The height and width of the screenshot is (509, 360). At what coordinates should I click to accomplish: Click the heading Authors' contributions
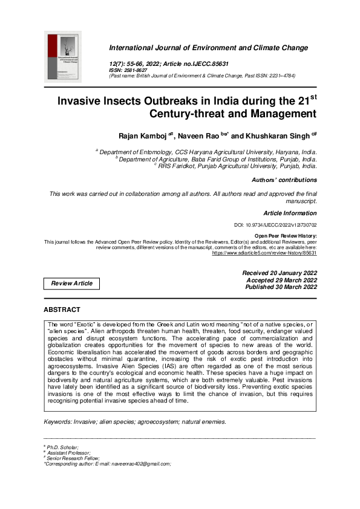pos(284,180)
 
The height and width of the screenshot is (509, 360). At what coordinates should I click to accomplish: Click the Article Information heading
pos(290,213)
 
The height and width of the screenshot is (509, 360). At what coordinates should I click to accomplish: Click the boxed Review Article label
pos(72,284)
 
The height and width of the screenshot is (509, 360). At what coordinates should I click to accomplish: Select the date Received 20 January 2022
pos(279,273)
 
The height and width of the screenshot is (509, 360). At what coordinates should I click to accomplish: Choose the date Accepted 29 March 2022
pos(281,280)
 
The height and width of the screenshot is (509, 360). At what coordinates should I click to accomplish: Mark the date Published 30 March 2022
pos(281,287)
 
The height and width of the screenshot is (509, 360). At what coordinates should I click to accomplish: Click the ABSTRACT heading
pos(62,310)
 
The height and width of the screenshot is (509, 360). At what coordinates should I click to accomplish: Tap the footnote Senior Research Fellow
pos(68,458)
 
